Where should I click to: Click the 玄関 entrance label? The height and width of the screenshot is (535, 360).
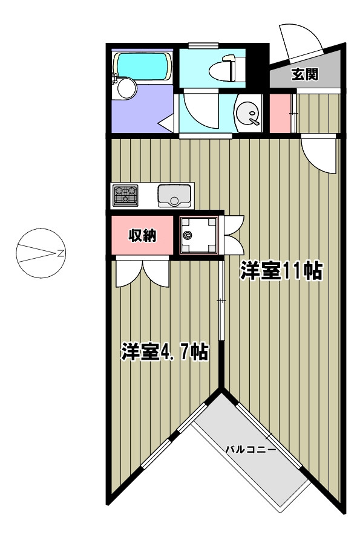click(x=305, y=74)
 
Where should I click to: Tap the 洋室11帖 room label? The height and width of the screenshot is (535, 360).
click(x=281, y=271)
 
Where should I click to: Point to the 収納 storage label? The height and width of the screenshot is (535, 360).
click(x=142, y=235)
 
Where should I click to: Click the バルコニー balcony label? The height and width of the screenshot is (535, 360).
click(x=250, y=450)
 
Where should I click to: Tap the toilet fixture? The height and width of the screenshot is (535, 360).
click(x=227, y=68)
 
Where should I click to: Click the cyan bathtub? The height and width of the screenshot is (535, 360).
click(x=143, y=65)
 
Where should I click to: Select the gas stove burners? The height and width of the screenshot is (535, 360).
click(x=125, y=195)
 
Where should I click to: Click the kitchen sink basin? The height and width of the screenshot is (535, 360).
click(x=174, y=195)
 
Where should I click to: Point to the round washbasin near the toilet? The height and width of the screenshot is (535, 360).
click(x=247, y=114)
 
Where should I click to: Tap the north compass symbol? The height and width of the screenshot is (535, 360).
click(x=41, y=253)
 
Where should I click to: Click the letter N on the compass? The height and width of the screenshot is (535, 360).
click(x=61, y=253)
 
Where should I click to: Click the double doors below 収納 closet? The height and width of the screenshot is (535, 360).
click(x=143, y=274)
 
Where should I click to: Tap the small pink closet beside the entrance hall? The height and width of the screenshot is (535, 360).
click(x=280, y=113)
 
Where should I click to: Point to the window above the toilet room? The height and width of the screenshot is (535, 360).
click(x=203, y=45)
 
